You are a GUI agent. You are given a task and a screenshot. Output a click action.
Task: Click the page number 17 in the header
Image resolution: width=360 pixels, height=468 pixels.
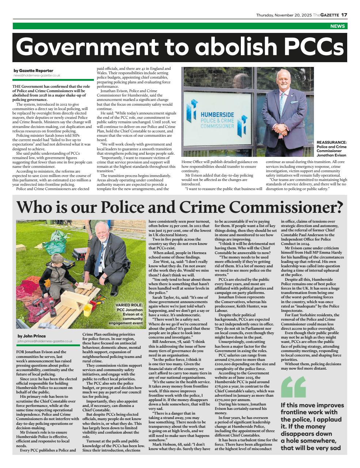(x=344, y=15)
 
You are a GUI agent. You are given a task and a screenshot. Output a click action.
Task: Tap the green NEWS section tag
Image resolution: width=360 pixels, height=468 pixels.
(x=337, y=26)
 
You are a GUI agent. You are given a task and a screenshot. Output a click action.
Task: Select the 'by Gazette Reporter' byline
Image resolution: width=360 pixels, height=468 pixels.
(x=33, y=71)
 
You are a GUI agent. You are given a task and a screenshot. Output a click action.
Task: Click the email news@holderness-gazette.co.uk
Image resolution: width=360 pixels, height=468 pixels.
(x=37, y=75)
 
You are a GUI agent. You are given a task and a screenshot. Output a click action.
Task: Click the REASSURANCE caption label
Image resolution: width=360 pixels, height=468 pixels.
(x=331, y=143)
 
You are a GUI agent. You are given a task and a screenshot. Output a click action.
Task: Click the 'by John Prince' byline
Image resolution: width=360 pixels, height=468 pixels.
(x=31, y=336)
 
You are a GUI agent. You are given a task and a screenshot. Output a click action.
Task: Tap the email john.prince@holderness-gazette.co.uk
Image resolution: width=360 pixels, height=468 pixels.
(x=45, y=341)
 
